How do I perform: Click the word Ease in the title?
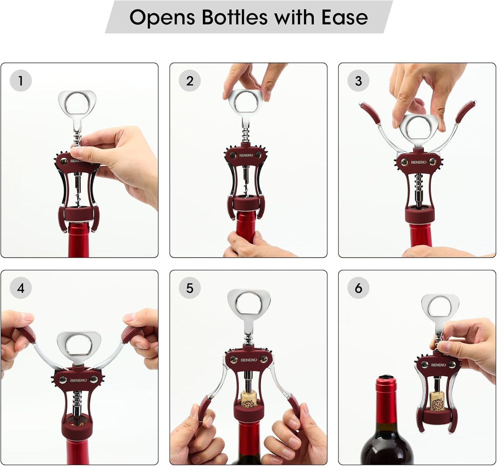click(x=344, y=17)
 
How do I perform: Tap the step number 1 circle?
click(x=21, y=80)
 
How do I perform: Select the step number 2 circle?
click(x=190, y=81)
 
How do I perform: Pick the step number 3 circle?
click(x=358, y=81)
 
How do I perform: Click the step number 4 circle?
click(x=21, y=288)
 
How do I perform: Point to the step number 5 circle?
click(x=190, y=288)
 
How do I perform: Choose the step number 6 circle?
click(x=358, y=288)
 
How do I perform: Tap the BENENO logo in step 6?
click(x=438, y=365)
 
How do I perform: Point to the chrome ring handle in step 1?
click(x=77, y=102)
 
